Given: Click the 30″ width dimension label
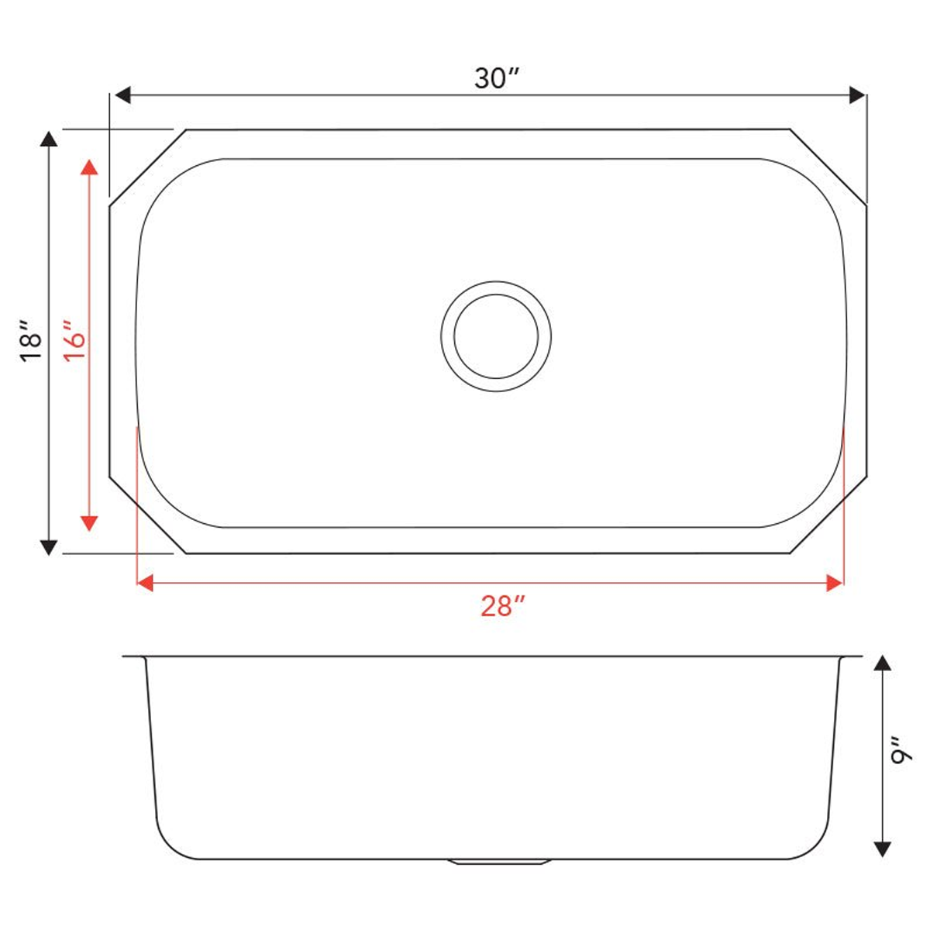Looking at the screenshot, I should [496, 78].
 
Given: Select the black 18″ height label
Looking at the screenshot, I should [32, 342].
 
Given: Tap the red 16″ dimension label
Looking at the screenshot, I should [74, 340].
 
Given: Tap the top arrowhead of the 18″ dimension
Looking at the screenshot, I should [49, 139].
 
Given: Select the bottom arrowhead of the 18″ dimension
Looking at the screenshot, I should [49, 546].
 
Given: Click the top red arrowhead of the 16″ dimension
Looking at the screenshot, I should [90, 168].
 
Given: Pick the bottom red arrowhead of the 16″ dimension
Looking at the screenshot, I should [90, 522].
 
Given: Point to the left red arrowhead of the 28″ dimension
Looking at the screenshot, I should [145, 583].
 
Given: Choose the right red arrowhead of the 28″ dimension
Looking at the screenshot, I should [835, 583].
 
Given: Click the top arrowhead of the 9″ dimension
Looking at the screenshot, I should [882, 663].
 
